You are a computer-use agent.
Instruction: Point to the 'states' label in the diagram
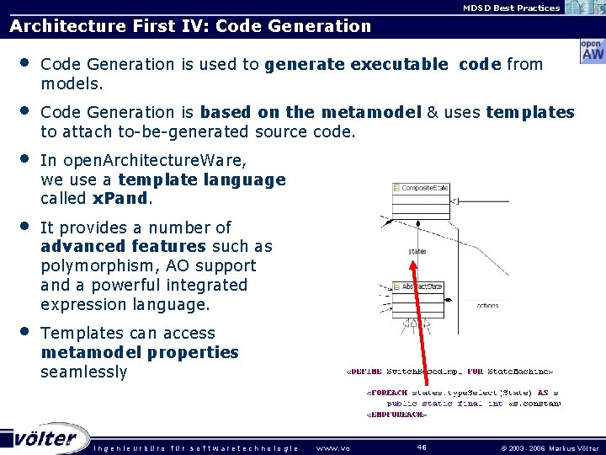tap(417, 252)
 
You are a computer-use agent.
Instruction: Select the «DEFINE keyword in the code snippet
tap(364, 371)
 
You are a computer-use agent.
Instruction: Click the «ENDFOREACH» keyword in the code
tap(396, 414)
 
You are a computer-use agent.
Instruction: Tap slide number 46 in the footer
tap(422, 447)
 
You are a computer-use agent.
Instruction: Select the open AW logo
tap(592, 51)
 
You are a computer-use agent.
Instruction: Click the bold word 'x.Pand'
tap(121, 198)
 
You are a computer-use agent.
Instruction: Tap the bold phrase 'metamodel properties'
tap(139, 352)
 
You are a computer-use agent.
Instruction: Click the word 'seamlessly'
tap(83, 372)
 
